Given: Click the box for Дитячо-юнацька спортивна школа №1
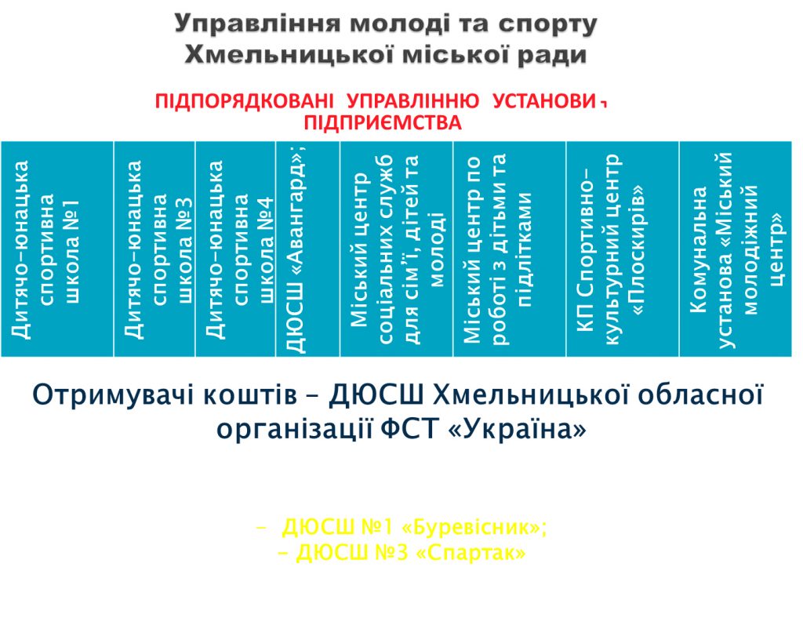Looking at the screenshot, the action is [56, 249].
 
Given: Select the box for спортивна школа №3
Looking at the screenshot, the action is [154, 249].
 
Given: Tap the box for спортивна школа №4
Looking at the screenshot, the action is [235, 249].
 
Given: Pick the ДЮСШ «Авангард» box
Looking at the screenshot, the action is [307, 249].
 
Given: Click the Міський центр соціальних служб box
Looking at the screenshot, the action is [397, 249].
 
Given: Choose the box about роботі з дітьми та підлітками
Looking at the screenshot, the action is [510, 249].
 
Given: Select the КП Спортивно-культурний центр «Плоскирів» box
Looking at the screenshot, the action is [623, 249].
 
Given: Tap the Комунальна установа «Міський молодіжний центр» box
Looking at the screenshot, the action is [736, 249].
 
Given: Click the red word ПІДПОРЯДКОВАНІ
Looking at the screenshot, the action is [245, 101].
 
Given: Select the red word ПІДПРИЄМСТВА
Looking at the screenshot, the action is [383, 123].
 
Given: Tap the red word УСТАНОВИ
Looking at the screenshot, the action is [545, 101].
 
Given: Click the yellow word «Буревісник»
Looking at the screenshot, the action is [475, 527].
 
